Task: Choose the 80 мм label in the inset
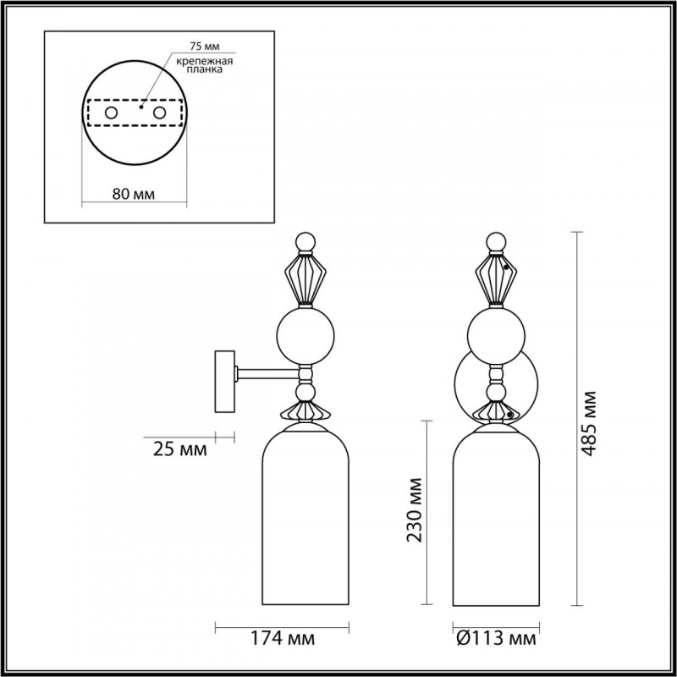133,194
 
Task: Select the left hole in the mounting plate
109,112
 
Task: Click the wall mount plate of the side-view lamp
225,383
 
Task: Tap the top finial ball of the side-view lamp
307,241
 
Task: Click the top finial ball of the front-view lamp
497,241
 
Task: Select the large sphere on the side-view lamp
307,333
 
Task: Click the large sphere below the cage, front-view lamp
497,333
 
